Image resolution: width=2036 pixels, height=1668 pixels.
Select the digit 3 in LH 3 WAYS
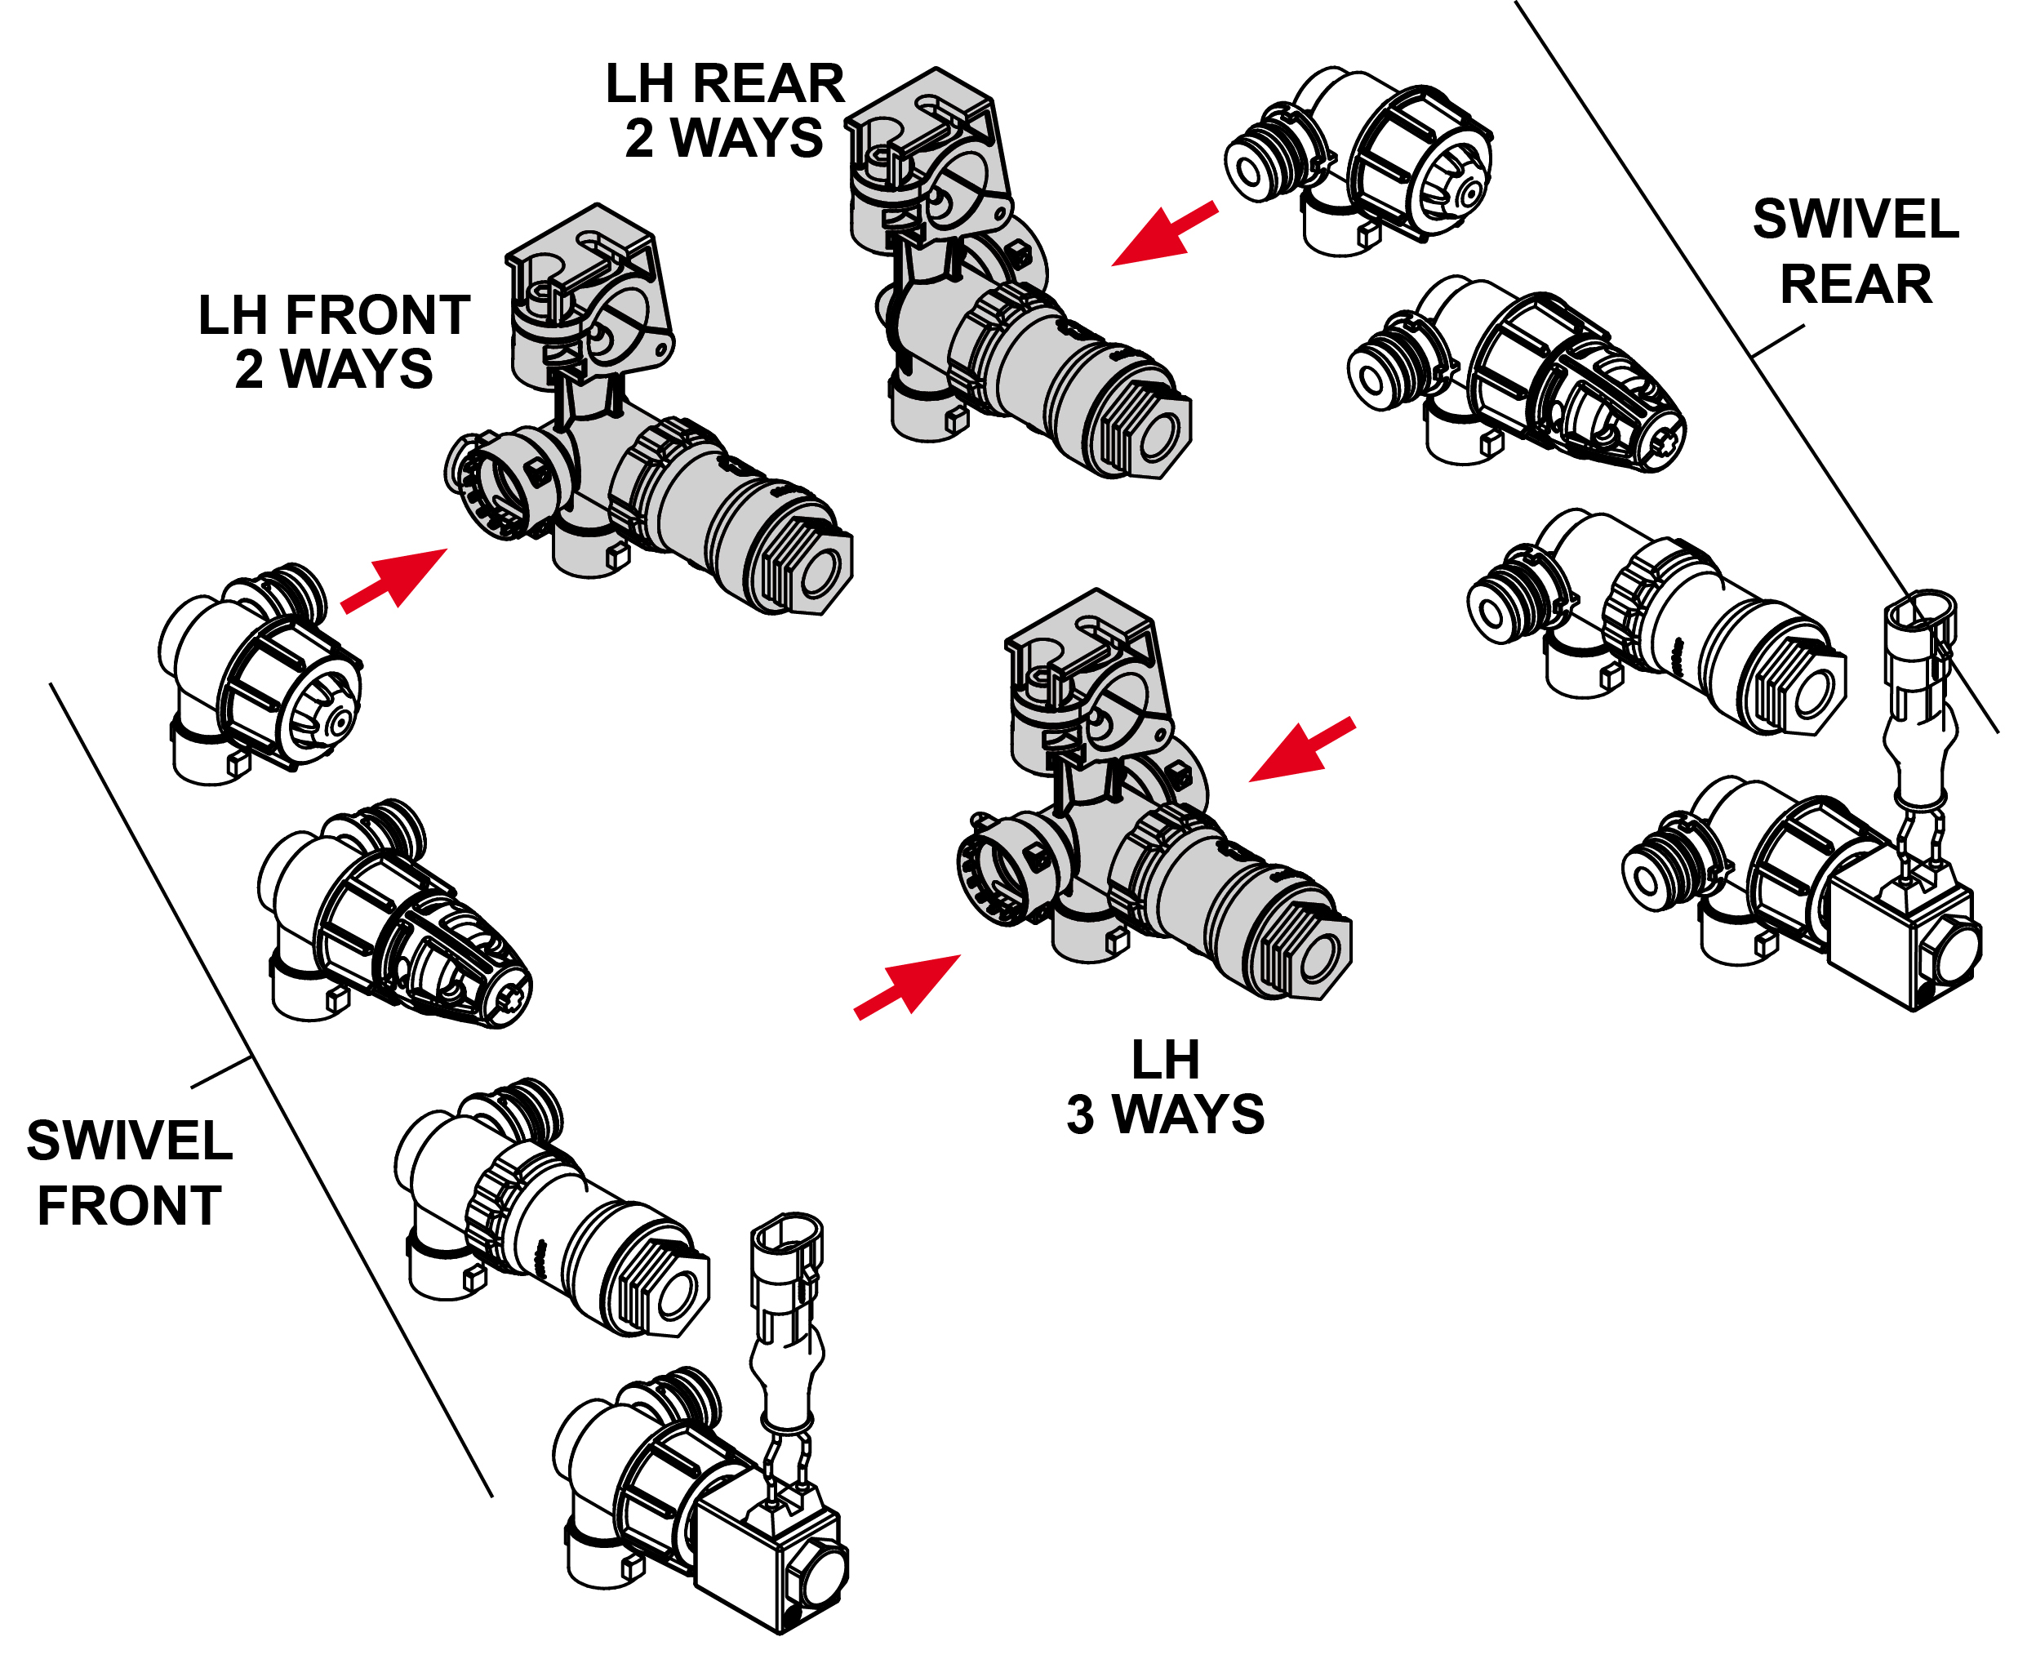point(1080,1115)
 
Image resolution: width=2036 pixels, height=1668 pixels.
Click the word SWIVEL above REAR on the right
point(1855,220)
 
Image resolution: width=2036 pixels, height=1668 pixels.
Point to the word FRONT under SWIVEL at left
point(129,1206)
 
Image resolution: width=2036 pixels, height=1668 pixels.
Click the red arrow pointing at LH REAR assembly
point(1162,234)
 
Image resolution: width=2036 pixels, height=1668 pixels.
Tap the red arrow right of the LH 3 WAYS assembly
point(1302,749)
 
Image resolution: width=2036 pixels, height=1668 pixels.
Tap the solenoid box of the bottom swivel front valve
point(769,1566)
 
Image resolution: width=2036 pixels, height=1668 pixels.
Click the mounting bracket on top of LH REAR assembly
point(927,145)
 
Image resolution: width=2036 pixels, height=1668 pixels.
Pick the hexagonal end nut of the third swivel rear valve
point(1807,689)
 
